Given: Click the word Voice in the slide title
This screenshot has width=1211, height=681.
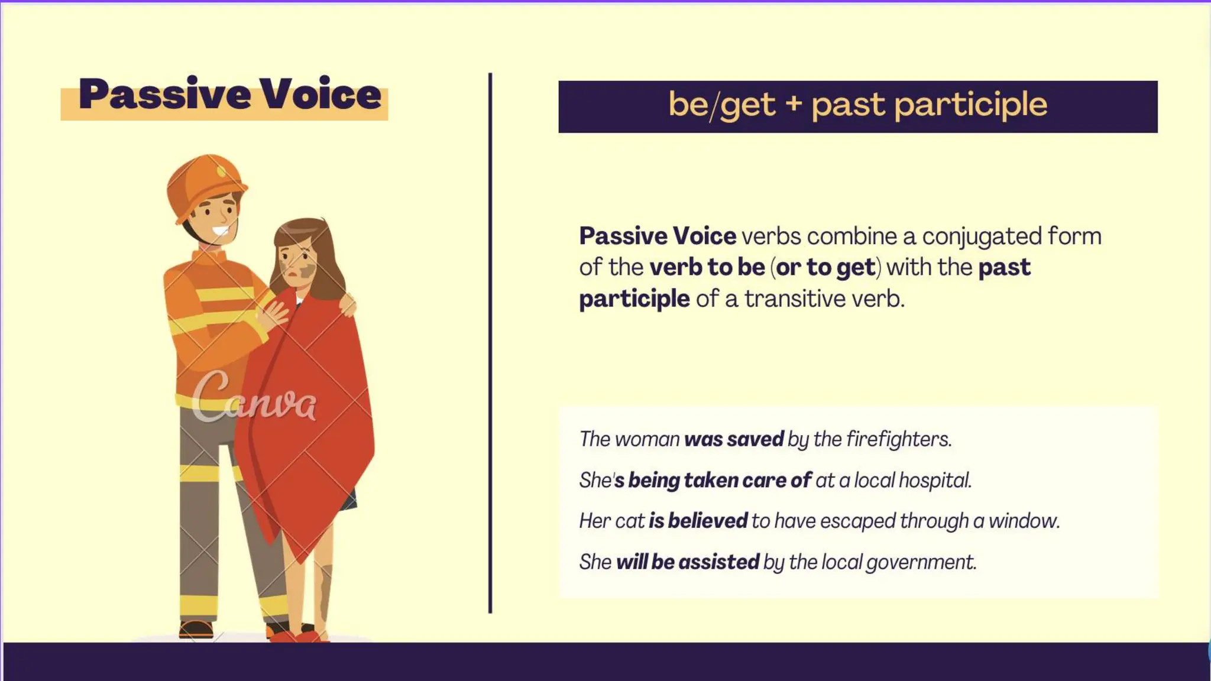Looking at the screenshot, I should point(321,95).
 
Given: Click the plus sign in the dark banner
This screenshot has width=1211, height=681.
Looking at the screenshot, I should point(794,104).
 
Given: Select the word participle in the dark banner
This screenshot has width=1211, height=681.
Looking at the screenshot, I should point(970,105).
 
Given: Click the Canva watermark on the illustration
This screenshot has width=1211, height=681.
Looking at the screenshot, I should point(254,398).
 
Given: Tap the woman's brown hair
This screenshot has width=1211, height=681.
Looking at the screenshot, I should point(322,254).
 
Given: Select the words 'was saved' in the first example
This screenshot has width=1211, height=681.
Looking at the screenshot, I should point(733,439).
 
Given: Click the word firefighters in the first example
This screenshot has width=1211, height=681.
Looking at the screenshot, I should point(898,439).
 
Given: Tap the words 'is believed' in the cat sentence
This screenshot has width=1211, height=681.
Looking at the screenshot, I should point(698,521).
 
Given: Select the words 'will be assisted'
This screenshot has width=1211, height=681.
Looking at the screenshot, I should point(687,562).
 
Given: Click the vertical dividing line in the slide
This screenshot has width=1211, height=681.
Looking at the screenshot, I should point(490,343).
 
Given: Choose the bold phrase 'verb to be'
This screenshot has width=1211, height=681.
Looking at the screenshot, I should point(707,268).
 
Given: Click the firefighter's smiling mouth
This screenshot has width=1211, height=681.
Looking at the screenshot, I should point(220,231).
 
